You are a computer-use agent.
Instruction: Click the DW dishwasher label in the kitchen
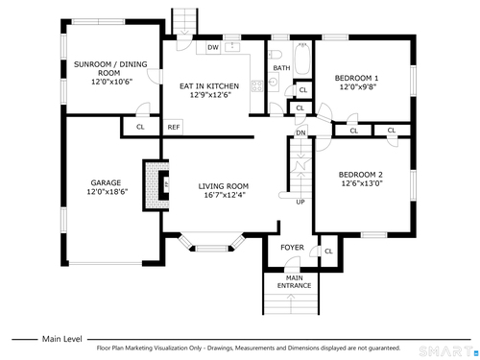(213, 48)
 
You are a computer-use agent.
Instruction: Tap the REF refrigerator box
(173, 127)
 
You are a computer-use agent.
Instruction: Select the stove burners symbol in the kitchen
(257, 85)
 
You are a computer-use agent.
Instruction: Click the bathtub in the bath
(301, 59)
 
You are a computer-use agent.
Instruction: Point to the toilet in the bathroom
(275, 55)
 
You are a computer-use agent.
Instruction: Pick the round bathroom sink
(273, 82)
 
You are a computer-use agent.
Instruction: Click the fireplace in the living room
(156, 185)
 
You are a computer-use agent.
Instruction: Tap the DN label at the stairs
(300, 132)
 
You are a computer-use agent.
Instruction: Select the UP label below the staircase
(300, 202)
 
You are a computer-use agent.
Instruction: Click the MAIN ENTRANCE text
(294, 282)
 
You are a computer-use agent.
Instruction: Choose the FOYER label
(292, 248)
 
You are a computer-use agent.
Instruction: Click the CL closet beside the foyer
(328, 252)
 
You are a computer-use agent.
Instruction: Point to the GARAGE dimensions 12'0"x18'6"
(108, 192)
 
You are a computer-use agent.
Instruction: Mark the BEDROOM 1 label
(356, 78)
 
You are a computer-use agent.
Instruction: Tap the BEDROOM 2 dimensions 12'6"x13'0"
(362, 183)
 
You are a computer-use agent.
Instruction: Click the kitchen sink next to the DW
(232, 47)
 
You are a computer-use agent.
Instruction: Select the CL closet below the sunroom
(140, 127)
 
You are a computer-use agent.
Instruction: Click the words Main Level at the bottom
(62, 339)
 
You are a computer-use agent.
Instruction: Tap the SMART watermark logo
(448, 351)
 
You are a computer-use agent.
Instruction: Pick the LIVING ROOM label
(224, 186)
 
